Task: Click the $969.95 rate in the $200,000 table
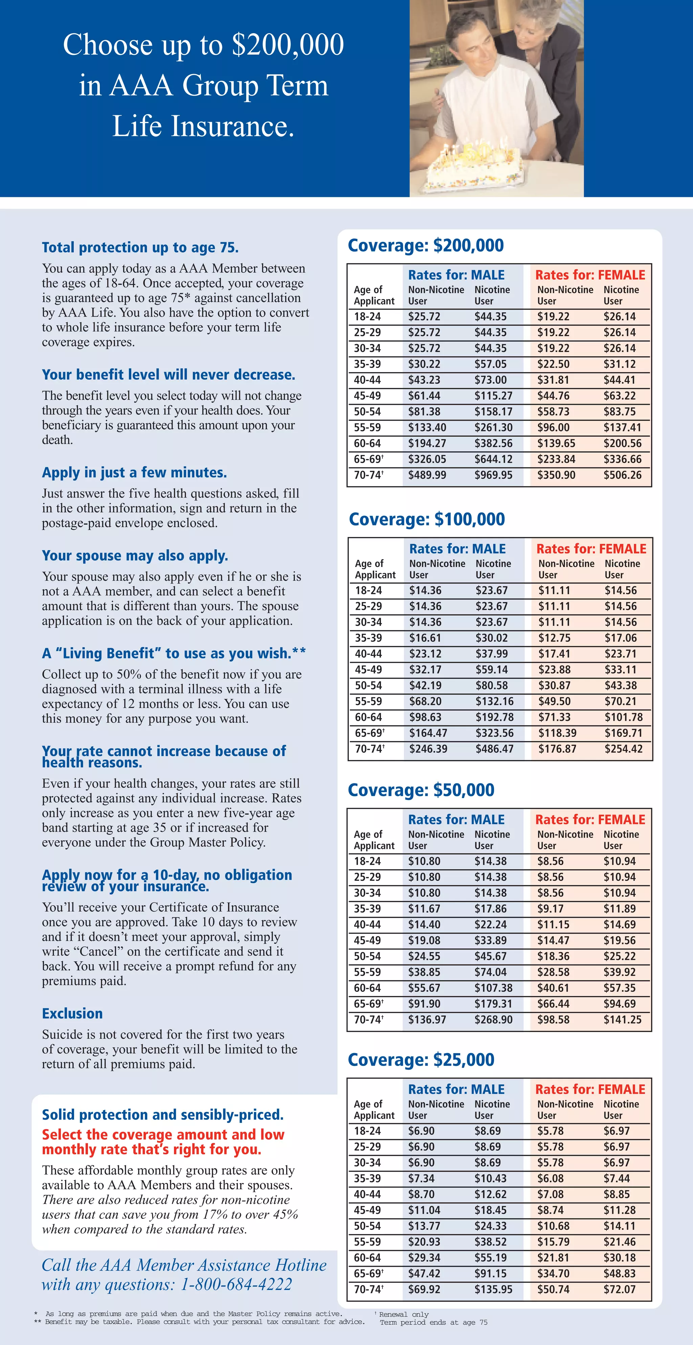click(493, 475)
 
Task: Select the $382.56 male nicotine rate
click(493, 443)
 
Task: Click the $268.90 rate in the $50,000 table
click(493, 1019)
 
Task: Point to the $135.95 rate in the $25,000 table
click(493, 1289)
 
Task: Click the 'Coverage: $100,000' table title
click(427, 519)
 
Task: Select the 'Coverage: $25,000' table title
click(421, 1059)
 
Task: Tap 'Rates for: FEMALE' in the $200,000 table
click(590, 275)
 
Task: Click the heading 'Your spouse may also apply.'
click(135, 555)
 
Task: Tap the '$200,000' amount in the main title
click(288, 45)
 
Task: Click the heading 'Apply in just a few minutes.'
click(134, 473)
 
